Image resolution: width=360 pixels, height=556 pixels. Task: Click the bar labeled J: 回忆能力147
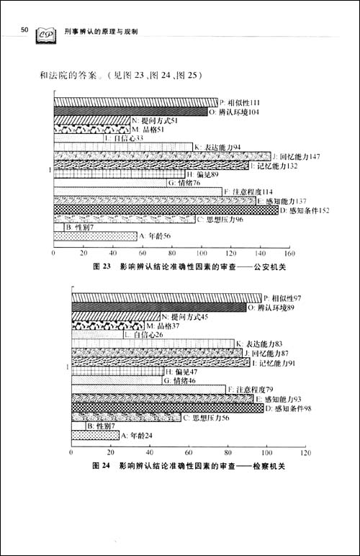point(163,156)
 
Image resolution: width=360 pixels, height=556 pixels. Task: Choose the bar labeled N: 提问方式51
point(91,120)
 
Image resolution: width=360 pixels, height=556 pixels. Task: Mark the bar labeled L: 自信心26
point(97,335)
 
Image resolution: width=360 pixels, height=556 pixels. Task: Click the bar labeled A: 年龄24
point(95,435)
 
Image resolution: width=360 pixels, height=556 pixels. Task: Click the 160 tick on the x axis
point(289,254)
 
